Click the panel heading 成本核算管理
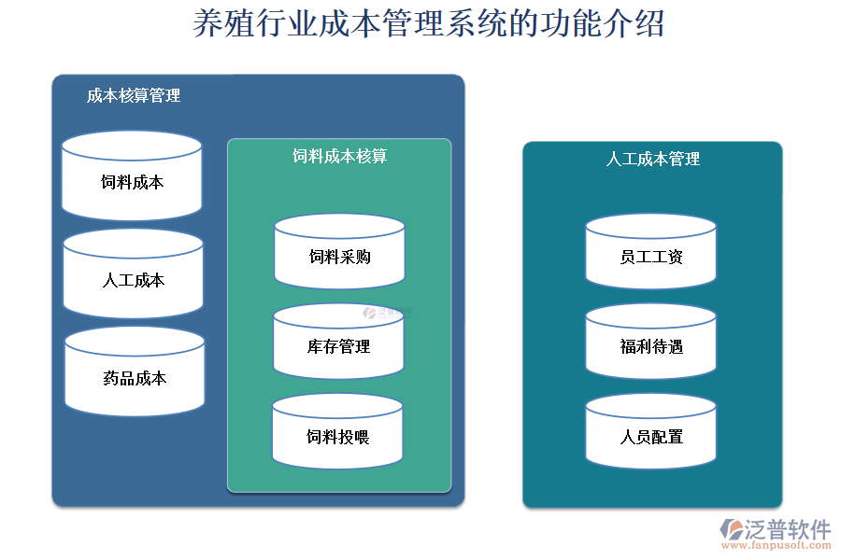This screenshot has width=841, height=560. coord(134,96)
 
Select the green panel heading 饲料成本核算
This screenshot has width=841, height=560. coord(339,156)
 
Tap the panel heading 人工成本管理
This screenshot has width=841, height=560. coord(652,160)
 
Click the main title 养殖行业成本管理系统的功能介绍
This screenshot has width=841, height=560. coord(428,24)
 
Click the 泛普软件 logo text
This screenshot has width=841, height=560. coord(787,529)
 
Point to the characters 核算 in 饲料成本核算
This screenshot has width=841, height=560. coord(371,156)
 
